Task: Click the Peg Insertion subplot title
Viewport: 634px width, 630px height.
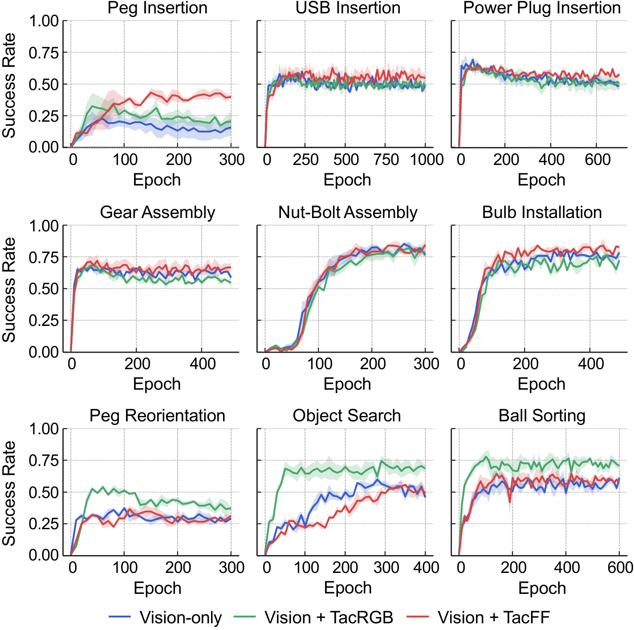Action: pyautogui.click(x=157, y=8)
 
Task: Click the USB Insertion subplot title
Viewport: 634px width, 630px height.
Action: pyautogui.click(x=348, y=8)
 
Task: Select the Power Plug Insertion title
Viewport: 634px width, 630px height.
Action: pyautogui.click(x=542, y=8)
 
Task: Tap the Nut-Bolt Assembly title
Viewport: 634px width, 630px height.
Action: pyautogui.click(x=348, y=212)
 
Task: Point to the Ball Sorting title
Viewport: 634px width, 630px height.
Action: pyautogui.click(x=542, y=416)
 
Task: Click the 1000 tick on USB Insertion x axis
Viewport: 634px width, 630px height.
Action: pyautogui.click(x=427, y=160)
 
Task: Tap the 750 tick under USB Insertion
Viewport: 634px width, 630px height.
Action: pyautogui.click(x=386, y=160)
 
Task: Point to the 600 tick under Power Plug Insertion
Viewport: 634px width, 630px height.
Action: pyautogui.click(x=597, y=160)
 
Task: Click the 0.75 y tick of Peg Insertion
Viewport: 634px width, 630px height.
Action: pyautogui.click(x=44, y=53)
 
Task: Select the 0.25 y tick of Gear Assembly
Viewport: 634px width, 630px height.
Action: pyautogui.click(x=44, y=321)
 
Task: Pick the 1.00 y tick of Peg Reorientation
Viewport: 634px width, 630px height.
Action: pyautogui.click(x=44, y=429)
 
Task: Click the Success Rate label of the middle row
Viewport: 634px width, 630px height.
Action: pyautogui.click(x=9, y=290)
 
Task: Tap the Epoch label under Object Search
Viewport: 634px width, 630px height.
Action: pyautogui.click(x=348, y=588)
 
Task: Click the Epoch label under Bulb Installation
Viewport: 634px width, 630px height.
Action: pyautogui.click(x=541, y=384)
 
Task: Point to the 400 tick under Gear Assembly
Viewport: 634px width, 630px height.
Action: pyautogui.click(x=203, y=364)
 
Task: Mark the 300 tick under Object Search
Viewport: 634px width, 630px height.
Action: pyautogui.click(x=386, y=568)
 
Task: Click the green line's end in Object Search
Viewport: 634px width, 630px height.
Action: pyautogui.click(x=425, y=469)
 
